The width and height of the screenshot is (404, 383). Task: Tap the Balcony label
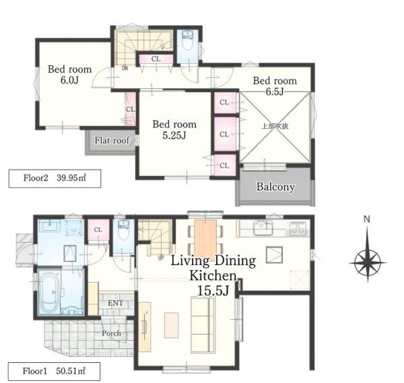(x=275, y=186)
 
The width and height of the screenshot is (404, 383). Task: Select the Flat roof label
(x=112, y=141)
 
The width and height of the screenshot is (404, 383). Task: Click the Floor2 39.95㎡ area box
(x=55, y=178)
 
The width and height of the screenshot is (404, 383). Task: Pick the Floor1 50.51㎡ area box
(x=54, y=372)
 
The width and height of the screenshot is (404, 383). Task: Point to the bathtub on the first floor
(x=49, y=291)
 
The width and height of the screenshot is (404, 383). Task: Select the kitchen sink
(x=263, y=228)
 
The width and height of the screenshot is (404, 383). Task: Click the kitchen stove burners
(x=298, y=228)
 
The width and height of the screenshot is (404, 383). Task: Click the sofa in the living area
(x=203, y=325)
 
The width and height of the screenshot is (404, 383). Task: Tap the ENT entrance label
(x=115, y=303)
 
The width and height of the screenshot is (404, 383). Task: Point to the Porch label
(x=111, y=333)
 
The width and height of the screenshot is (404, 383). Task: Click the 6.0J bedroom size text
(x=69, y=80)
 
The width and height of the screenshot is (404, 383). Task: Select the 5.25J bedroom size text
(x=174, y=135)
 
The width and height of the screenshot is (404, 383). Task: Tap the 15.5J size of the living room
(x=213, y=291)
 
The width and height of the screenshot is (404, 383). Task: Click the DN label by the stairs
(x=125, y=68)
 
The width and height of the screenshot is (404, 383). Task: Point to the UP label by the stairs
(x=161, y=258)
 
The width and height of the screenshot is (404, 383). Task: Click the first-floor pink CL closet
(x=98, y=230)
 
